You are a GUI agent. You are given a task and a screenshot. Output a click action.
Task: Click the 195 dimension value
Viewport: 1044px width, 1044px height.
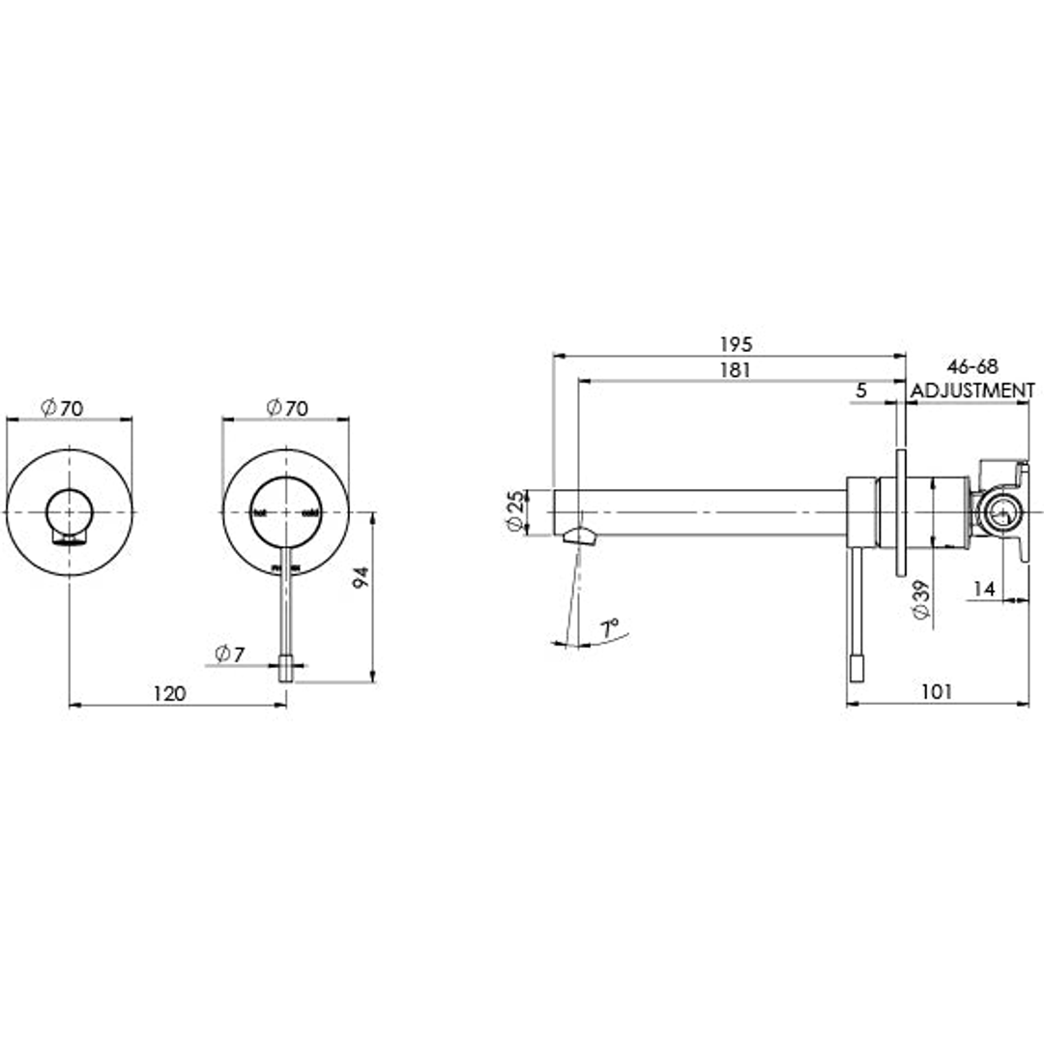pyautogui.click(x=735, y=344)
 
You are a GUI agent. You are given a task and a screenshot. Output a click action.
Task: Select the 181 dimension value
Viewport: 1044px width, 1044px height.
pyautogui.click(x=735, y=369)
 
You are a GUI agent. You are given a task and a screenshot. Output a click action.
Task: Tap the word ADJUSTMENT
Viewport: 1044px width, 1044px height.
pyautogui.click(x=973, y=391)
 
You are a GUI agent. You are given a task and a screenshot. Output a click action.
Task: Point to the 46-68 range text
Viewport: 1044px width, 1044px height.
pyautogui.click(x=972, y=367)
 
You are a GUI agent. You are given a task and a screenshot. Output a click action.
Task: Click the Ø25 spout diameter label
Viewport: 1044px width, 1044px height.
pyautogui.click(x=516, y=511)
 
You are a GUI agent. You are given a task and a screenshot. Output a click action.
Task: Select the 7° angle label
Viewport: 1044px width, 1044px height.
pyautogui.click(x=608, y=629)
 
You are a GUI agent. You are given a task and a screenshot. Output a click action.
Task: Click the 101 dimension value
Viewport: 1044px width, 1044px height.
pyautogui.click(x=937, y=691)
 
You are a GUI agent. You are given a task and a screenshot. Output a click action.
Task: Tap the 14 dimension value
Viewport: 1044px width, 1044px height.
pyautogui.click(x=983, y=588)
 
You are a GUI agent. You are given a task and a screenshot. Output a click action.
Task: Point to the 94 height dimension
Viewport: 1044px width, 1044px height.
pyautogui.click(x=362, y=578)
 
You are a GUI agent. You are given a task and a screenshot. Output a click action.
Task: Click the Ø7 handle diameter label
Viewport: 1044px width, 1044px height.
pyautogui.click(x=230, y=654)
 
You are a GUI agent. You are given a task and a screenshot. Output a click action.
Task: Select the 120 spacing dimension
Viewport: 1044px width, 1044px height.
pyautogui.click(x=169, y=693)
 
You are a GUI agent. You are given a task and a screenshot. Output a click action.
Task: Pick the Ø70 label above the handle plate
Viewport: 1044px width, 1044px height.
pyautogui.click(x=286, y=408)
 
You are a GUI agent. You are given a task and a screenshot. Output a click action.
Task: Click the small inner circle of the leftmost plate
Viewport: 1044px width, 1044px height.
pyautogui.click(x=71, y=509)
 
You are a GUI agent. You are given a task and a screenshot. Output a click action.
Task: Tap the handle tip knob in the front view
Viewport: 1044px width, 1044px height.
pyautogui.click(x=286, y=668)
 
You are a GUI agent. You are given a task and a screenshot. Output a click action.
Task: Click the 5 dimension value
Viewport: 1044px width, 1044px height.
pyautogui.click(x=861, y=390)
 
